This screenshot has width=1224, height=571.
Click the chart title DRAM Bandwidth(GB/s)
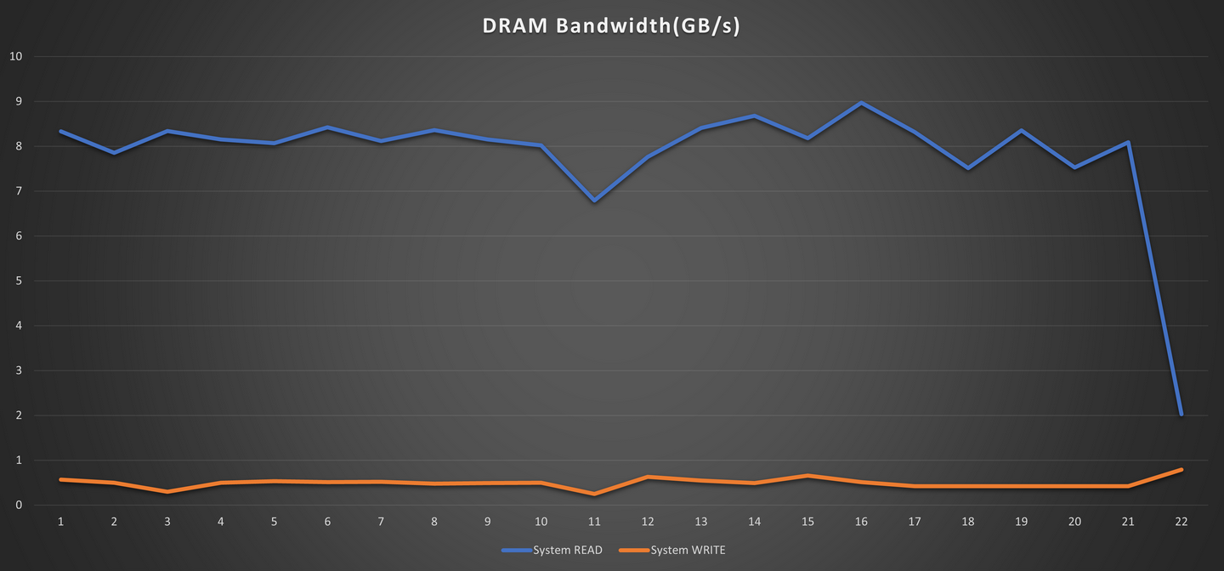[611, 26]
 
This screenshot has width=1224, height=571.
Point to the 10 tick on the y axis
[14, 57]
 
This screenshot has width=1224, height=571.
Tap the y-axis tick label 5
[18, 281]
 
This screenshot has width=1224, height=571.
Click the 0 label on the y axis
[18, 506]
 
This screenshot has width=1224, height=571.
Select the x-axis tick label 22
[1181, 521]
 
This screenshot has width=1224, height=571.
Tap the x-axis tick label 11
[594, 521]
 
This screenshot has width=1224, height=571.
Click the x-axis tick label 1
[60, 521]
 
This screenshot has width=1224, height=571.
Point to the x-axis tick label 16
[861, 521]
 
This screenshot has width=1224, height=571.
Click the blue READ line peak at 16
[861, 103]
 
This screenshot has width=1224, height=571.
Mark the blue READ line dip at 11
[594, 201]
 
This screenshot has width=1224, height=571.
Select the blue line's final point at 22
[1181, 414]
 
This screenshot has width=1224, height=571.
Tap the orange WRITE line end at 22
[1181, 470]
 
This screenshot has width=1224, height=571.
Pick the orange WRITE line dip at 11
[594, 494]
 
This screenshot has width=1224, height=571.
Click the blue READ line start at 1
[60, 131]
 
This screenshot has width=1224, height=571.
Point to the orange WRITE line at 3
[167, 492]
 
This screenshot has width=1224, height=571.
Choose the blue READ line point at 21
[1128, 143]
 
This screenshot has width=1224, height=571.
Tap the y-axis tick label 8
[18, 146]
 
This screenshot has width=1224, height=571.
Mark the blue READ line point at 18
[968, 168]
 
